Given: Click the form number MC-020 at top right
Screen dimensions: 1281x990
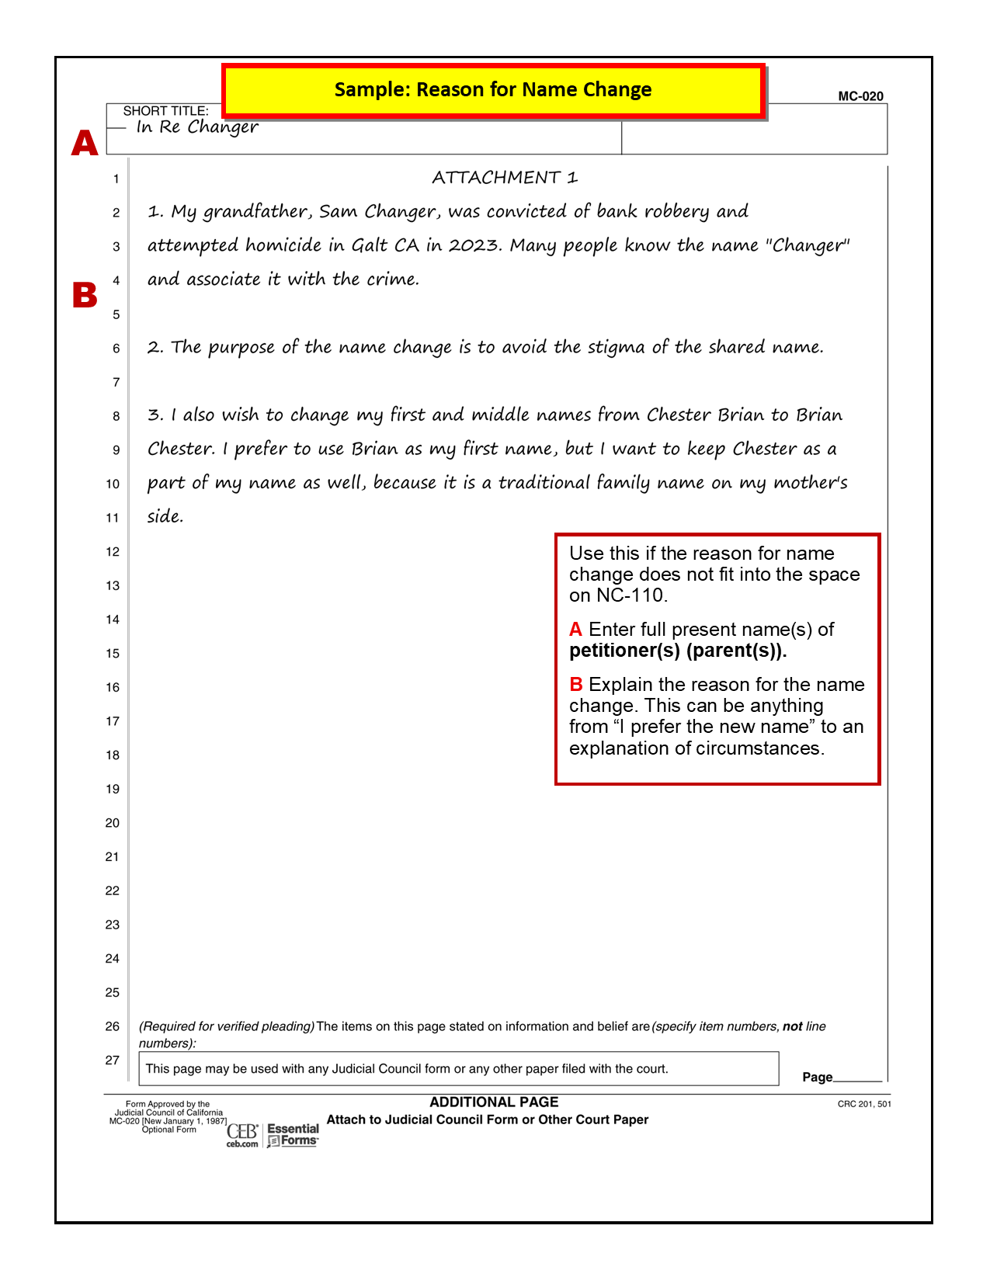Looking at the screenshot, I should pos(860,96).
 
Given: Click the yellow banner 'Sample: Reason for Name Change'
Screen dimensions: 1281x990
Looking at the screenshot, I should pos(493,90).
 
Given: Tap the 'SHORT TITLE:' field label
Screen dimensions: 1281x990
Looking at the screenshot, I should pos(165,111).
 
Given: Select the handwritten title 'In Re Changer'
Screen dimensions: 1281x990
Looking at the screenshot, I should pos(197,127).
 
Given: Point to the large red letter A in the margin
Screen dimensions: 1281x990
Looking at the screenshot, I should pos(85,143).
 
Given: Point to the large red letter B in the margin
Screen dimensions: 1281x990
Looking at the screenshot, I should pos(85,295).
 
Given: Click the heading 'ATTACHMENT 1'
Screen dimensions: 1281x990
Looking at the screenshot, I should pos(505,178).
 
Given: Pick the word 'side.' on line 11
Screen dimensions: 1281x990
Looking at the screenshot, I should pos(165,516).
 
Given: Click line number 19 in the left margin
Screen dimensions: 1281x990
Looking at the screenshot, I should pos(113,789).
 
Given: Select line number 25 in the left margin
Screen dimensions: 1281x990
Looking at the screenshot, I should pos(113,992).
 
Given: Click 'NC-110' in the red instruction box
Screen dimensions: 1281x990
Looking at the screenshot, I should pos(630,595).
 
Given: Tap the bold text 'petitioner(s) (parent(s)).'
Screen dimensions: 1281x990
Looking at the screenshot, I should pos(678,651).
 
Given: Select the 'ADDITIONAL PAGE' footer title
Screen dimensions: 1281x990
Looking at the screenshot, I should pos(494,1102).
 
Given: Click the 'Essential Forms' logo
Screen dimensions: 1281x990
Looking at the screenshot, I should pos(292,1134).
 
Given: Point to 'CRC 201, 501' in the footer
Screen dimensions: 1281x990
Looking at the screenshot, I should pos(863,1104).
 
